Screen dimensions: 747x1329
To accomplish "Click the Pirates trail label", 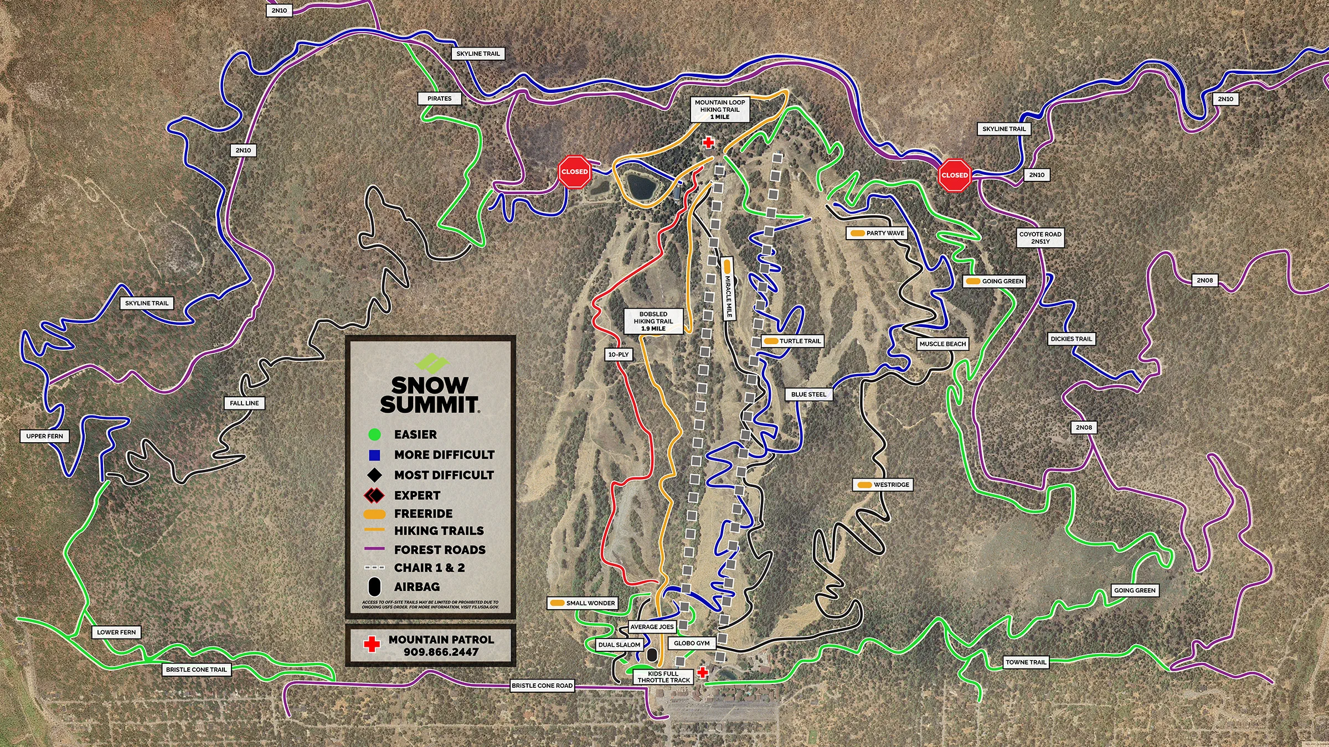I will click(439, 98).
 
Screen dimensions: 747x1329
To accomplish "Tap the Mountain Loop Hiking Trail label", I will click(720, 110).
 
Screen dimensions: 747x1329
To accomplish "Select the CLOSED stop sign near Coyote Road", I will click(955, 175).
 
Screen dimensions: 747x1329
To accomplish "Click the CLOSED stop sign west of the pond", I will click(574, 172).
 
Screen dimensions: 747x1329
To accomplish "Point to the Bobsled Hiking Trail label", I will click(653, 321).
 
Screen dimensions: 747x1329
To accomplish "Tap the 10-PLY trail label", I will click(619, 354).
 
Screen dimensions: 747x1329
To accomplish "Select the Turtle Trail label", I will click(792, 341).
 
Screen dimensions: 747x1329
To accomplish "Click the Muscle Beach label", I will click(942, 344).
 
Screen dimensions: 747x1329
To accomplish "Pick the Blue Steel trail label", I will click(808, 395).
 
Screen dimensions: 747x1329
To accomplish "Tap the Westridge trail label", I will click(883, 485).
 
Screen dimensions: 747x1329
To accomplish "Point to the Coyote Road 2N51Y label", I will click(1040, 237).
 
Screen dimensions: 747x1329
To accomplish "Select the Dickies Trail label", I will click(1071, 339).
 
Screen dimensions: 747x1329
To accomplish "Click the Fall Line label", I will click(244, 403).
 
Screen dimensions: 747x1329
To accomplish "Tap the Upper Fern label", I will click(45, 436).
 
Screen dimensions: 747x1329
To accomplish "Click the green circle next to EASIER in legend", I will click(374, 434).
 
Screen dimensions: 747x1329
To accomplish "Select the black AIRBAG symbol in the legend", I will click(374, 587).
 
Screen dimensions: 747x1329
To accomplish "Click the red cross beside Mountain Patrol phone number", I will click(372, 644).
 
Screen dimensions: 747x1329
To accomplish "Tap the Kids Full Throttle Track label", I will click(663, 677).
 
